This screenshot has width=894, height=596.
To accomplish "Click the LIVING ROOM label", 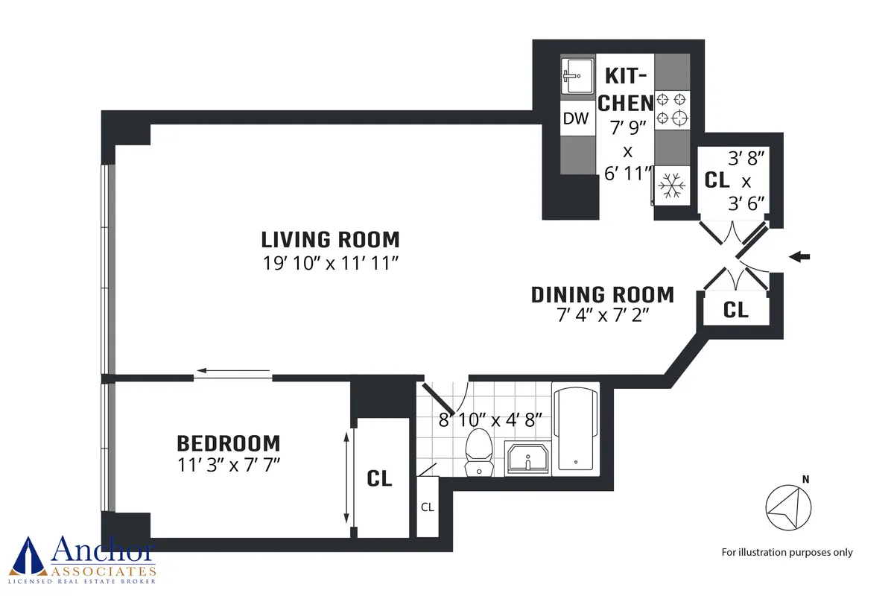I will [330, 240].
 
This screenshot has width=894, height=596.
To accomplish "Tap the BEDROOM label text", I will [228, 443].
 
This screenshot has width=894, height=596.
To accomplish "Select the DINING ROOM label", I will [602, 295].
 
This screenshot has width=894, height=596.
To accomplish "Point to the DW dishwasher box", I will [576, 118].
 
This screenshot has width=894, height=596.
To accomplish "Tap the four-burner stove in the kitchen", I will [672, 109].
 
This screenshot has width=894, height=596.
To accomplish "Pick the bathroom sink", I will [527, 457].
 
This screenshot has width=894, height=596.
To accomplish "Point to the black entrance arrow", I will [799, 257].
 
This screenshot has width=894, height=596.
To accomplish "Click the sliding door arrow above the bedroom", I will [232, 370].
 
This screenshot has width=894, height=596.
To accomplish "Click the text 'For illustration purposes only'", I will [787, 552].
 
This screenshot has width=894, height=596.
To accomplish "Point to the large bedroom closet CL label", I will [379, 478].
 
